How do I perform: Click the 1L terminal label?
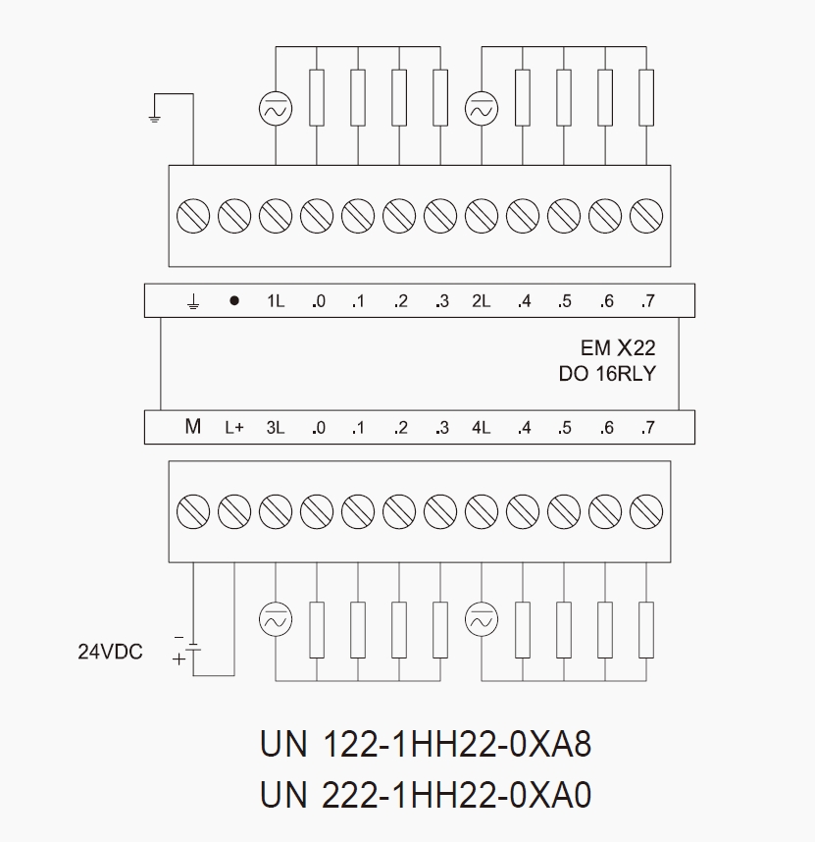[276, 300]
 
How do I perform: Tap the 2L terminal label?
[482, 300]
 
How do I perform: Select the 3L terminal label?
[276, 428]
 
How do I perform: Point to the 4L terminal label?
[482, 428]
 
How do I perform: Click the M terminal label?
[192, 426]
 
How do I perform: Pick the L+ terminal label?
[234, 428]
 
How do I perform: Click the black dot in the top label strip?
[234, 300]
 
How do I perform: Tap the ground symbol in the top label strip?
[193, 302]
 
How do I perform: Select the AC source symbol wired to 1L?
[276, 109]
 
